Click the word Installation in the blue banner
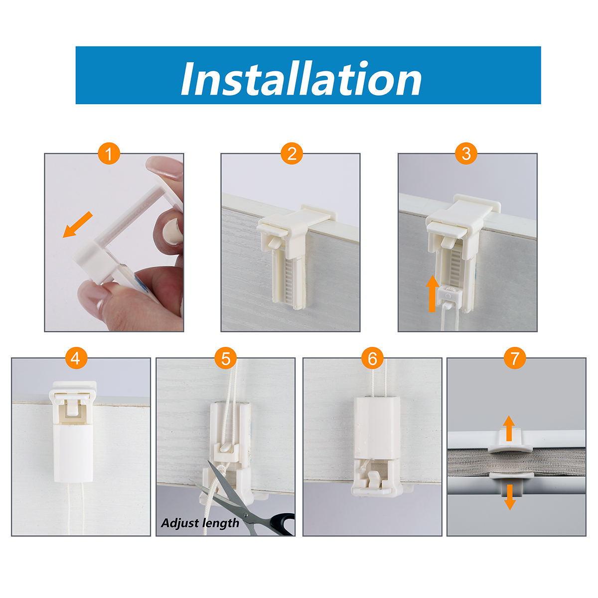tap(300, 79)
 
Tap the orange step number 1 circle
tap(109, 153)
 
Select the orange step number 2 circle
tap(292, 153)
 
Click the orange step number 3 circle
tap(466, 153)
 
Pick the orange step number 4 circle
tap(76, 358)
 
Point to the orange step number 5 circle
tap(226, 358)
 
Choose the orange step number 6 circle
tap(372, 358)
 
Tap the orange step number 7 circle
tap(515, 358)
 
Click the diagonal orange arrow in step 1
tap(78, 225)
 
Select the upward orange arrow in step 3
tap(432, 293)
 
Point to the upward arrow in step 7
tap(509, 428)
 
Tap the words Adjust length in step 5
tap(200, 523)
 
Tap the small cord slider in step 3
tap(449, 295)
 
